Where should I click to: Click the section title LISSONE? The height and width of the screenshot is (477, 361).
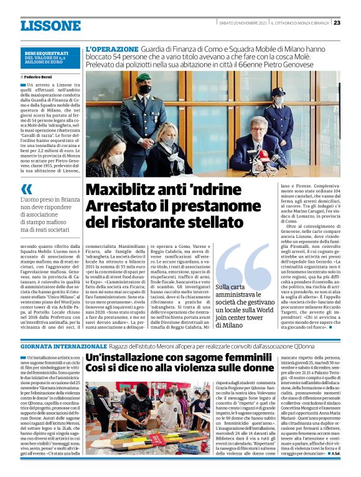pyautogui.click(x=50, y=26)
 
